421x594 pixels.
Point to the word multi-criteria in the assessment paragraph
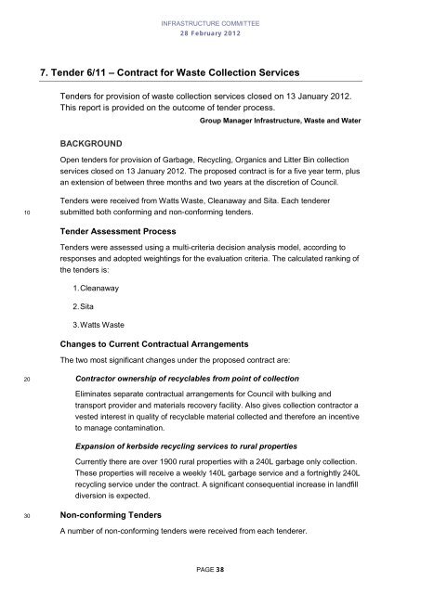(206, 248)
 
